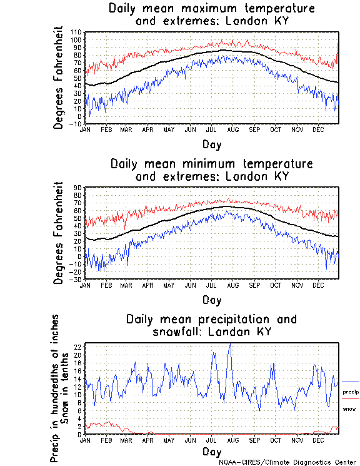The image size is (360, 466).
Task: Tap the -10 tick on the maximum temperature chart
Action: pyautogui.click(x=76, y=124)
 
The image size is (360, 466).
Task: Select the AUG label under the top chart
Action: pyautogui.click(x=233, y=129)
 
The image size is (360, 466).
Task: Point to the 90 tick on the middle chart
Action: pyautogui.click(x=79, y=188)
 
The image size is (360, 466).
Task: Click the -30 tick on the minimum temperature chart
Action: pyautogui.click(x=76, y=279)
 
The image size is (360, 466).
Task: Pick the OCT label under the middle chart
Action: pyautogui.click(x=276, y=285)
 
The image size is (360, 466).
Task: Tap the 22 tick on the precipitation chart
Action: pyautogui.click(x=78, y=347)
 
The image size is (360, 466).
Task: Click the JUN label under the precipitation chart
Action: pyautogui.click(x=191, y=440)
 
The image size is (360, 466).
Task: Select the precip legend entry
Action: pyautogui.click(x=351, y=392)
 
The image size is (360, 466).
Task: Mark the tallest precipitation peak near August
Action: pyautogui.click(x=231, y=343)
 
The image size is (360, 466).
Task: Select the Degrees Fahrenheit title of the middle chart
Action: pyautogui.click(x=59, y=233)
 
